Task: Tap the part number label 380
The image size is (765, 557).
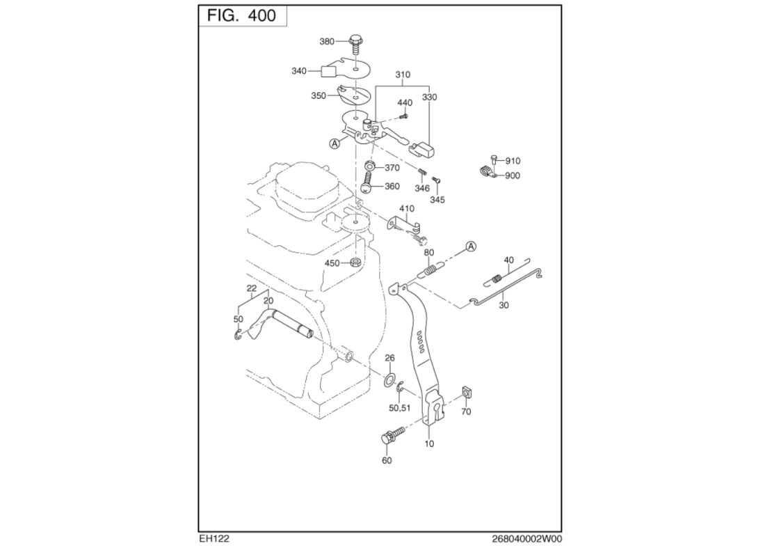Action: [327, 42]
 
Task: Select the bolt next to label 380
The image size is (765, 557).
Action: [356, 44]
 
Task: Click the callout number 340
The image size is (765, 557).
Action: [298, 71]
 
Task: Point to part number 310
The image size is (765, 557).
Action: [403, 74]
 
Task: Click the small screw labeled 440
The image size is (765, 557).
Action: [405, 116]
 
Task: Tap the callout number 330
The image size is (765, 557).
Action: [429, 98]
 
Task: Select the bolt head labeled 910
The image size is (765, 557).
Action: [493, 159]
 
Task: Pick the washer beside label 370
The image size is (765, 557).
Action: [371, 167]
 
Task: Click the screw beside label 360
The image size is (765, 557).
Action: [367, 186]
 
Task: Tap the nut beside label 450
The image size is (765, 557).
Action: [355, 262]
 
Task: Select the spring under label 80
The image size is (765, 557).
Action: [431, 269]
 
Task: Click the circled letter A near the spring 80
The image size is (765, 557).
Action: [471, 246]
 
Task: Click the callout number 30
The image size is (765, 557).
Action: [504, 304]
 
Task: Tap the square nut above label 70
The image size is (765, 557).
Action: [466, 395]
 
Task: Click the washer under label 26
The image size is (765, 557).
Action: [389, 380]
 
